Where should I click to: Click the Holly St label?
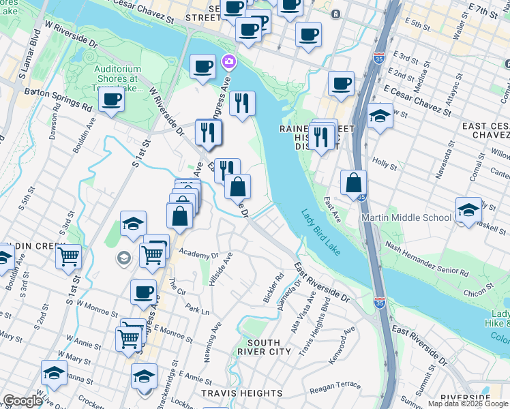pyautogui.click(x=385, y=164)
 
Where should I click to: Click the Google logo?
pyautogui.click(x=22, y=401)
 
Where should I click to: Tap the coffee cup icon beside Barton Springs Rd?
pyautogui.click(x=111, y=100)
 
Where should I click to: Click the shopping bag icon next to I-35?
pyautogui.click(x=354, y=183)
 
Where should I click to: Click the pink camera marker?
pyautogui.click(x=228, y=62)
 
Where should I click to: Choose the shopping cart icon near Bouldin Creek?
pyautogui.click(x=68, y=257)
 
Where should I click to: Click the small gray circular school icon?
pyautogui.click(x=124, y=257)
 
